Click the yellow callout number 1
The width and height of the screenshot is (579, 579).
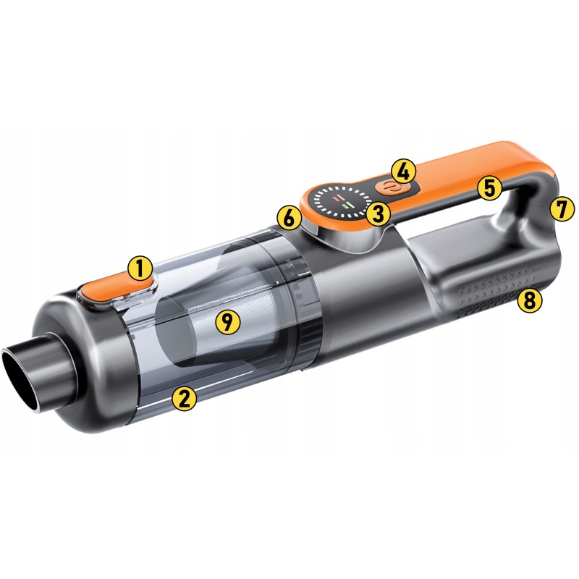[140, 269]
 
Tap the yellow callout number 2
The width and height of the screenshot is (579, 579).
[185, 398]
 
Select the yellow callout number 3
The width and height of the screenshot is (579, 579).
[379, 214]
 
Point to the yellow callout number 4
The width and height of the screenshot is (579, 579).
[404, 172]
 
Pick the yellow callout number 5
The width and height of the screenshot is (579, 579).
[490, 188]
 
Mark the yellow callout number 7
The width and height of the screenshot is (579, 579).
[562, 209]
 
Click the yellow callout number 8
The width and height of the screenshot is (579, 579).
[530, 300]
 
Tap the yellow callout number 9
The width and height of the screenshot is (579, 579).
[228, 321]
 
